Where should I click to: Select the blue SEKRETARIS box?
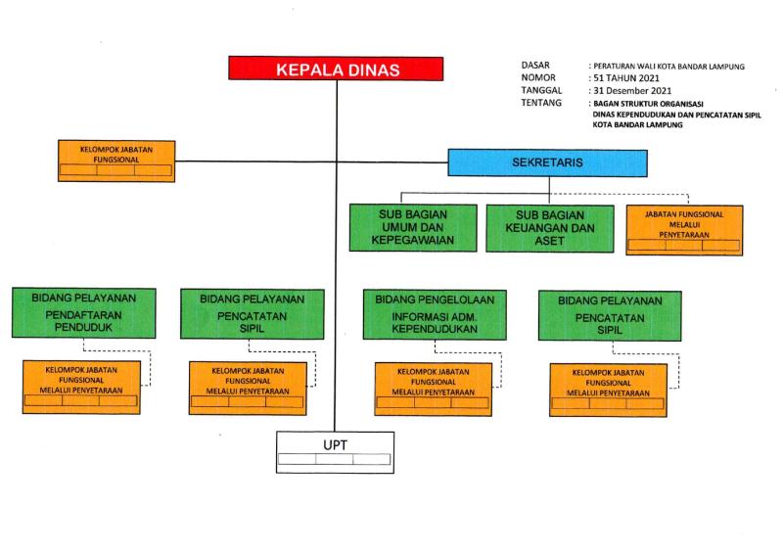[x=546, y=162]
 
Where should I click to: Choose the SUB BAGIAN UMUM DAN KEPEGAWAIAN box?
[x=412, y=228]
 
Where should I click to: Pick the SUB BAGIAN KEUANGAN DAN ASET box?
[x=551, y=228]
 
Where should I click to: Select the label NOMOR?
[x=539, y=77]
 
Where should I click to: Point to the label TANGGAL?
[x=541, y=89]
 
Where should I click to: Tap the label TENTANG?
[x=541, y=102]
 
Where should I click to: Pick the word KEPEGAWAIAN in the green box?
[x=412, y=240]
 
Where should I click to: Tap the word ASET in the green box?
[x=551, y=240]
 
